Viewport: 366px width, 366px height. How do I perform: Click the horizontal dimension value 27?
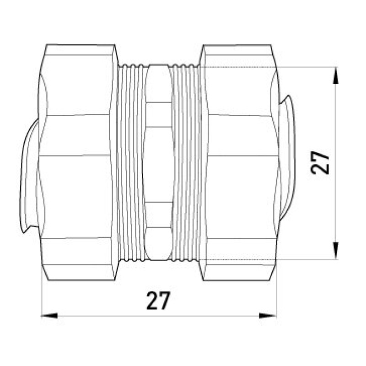coord(158,301)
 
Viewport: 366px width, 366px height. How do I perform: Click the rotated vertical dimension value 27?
coord(320,163)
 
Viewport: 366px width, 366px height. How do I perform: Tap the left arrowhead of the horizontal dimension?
coord(49,316)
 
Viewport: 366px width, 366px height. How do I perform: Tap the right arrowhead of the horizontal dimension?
coord(268,316)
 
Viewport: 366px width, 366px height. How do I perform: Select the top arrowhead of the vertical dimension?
coord(335,75)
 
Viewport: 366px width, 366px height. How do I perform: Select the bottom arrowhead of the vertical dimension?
coord(335,251)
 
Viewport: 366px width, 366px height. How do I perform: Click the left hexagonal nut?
coord(77,162)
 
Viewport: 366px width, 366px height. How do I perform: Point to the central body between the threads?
coord(159,162)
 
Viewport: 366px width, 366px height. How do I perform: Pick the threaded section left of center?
coord(131,162)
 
